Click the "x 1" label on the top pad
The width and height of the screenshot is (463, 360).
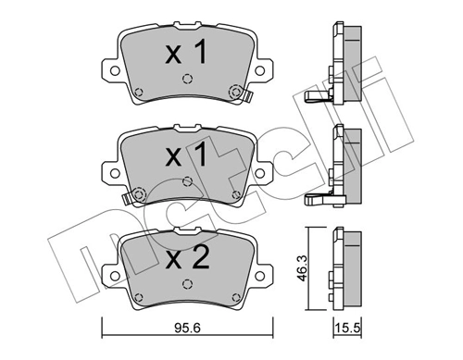coord(186,54)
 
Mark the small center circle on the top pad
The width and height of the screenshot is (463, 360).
coord(187,80)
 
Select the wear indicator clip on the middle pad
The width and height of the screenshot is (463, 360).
coord(128,197)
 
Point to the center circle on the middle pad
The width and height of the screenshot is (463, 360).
coord(187,180)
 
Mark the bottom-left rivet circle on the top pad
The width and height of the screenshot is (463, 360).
coord(138,92)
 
